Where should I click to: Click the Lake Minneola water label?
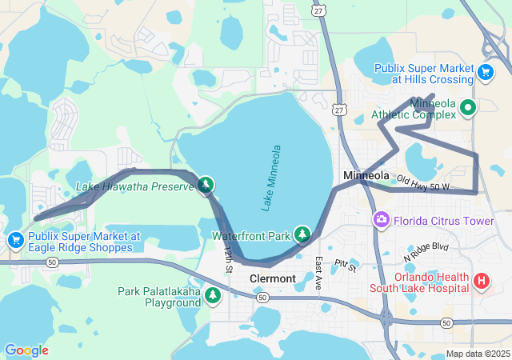point(272,178)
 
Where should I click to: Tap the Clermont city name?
point(273,278)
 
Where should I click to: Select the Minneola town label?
point(366,175)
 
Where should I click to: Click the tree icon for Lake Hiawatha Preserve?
point(206,186)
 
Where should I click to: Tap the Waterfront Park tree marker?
point(302,234)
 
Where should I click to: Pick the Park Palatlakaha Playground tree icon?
point(213,296)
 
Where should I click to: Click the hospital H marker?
point(482,281)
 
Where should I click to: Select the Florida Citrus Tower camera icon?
point(381,219)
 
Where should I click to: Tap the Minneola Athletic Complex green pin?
point(467,107)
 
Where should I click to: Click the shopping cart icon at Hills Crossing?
point(485,73)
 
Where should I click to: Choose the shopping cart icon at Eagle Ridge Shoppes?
point(16,240)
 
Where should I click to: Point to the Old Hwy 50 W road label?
point(424,184)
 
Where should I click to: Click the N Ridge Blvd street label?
point(427,252)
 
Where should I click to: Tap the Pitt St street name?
point(346,263)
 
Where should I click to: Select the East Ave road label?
point(318,273)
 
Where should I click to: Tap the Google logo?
point(26,350)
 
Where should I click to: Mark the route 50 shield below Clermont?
point(262,297)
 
